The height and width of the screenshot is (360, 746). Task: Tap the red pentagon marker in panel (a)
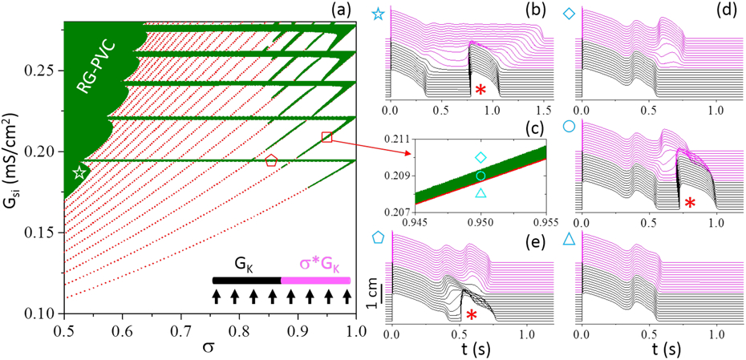tap(271, 160)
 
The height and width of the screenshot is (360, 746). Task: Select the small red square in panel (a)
tap(326, 137)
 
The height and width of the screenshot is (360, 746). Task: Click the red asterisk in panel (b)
tap(480, 90)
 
